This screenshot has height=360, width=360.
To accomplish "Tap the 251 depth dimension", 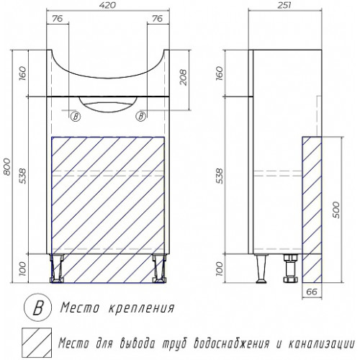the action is point(284,5).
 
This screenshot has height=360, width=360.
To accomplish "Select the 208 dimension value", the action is point(183,77).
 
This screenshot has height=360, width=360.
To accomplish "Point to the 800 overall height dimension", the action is point(7,166).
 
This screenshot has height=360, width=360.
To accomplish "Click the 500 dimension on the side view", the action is point(337,210).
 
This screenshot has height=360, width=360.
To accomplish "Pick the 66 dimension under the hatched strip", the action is point(312,292).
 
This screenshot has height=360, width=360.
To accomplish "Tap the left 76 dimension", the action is point(57,19).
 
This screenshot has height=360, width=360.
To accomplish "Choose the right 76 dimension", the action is point(157,19).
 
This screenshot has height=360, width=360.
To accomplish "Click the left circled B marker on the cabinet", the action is point(76,117).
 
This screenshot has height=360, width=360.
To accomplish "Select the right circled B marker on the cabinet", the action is point(141,117).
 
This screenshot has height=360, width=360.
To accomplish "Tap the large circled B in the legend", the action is point(37,308).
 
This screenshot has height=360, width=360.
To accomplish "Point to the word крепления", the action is point(142,307).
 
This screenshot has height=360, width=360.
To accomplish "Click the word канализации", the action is point(321,343).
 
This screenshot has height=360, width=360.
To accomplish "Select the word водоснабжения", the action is point(231,343).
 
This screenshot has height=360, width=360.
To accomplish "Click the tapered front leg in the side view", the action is point(261,269).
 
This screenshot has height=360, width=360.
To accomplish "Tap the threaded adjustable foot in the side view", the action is point(290,269).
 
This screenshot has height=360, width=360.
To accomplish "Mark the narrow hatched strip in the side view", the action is point(312,210).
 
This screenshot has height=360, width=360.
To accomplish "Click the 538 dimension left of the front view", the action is point(22,176).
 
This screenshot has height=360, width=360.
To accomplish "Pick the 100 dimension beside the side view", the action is point(220,269).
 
